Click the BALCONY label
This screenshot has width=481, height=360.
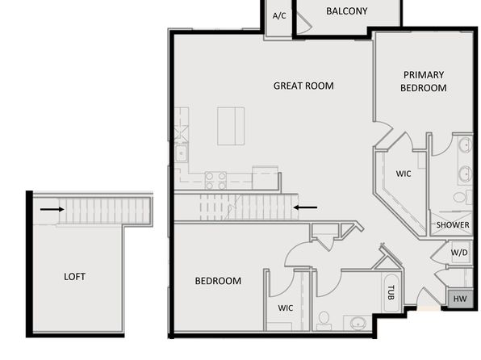click(347, 11)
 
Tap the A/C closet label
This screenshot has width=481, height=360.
click(279, 15)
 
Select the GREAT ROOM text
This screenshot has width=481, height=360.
click(303, 86)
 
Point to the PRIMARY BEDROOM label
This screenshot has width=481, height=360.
click(424, 82)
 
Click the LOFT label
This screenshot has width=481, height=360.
click(74, 277)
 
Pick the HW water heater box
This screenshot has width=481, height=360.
click(460, 299)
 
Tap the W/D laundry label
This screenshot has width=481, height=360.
click(459, 253)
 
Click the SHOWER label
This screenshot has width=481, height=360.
click(453, 225)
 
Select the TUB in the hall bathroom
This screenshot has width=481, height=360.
click(391, 293)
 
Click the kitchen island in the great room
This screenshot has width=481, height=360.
click(231, 126)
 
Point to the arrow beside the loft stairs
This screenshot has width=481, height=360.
click(52, 209)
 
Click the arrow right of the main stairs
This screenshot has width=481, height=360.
click(305, 207)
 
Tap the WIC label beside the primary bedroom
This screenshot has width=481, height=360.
click(403, 174)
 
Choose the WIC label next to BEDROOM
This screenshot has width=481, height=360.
click(285, 308)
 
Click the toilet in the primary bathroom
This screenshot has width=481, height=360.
click(462, 197)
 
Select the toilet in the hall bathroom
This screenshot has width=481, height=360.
click(324, 320)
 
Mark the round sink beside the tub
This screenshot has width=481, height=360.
click(358, 323)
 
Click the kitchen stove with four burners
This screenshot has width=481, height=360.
click(215, 181)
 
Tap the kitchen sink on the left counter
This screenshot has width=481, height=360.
click(181, 153)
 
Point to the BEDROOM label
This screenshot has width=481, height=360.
click(218, 281)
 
